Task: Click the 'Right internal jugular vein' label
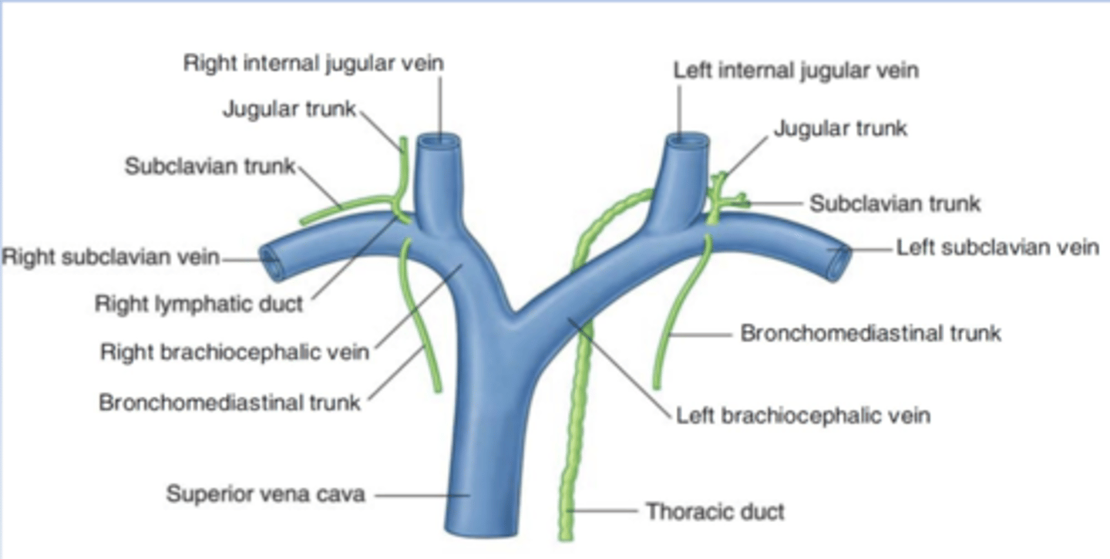pyautogui.click(x=313, y=63)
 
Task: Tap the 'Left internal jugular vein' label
pyautogui.click(x=795, y=70)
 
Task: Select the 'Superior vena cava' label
pyautogui.click(x=265, y=493)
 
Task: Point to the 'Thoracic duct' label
pyautogui.click(x=715, y=511)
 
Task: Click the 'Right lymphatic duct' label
pyautogui.click(x=199, y=304)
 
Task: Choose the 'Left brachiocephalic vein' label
pyautogui.click(x=802, y=416)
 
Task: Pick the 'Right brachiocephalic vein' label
pyautogui.click(x=234, y=352)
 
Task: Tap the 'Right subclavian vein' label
pyautogui.click(x=110, y=257)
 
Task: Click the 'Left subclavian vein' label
pyautogui.click(x=997, y=248)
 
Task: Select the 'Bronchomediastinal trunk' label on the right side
pyautogui.click(x=870, y=333)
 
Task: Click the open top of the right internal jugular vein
pyautogui.click(x=439, y=142)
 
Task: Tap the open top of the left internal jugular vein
pyautogui.click(x=688, y=141)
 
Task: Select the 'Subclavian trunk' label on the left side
pyautogui.click(x=210, y=166)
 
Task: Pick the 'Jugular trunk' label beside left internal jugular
pyautogui.click(x=840, y=128)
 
